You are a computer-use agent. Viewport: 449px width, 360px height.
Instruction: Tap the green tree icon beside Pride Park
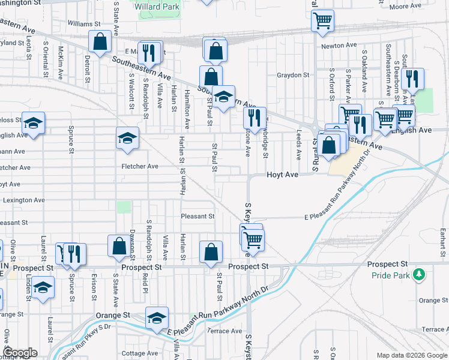coord(420,275)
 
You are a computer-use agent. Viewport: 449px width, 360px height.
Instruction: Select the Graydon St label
coord(292,76)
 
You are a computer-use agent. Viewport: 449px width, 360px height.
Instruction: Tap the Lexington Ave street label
coord(24,200)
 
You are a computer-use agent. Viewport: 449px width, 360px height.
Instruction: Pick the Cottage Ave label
coord(139,353)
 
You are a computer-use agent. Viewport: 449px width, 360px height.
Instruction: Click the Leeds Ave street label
coord(299,145)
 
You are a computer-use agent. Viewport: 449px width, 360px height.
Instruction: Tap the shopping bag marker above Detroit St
coord(100,41)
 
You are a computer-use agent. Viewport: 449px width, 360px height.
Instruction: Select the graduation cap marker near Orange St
coord(157,317)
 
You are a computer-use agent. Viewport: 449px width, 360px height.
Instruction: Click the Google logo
coord(20,353)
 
